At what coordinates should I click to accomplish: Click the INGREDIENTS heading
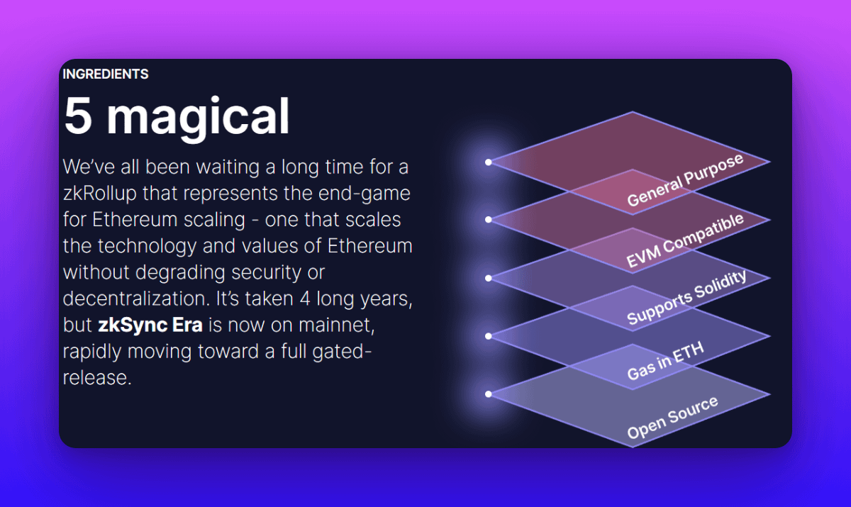tap(106, 74)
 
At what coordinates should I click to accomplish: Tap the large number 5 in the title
tap(78, 116)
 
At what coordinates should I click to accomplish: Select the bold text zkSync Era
tap(150, 325)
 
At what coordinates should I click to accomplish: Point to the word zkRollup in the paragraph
tap(100, 194)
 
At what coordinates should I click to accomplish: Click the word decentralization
tap(136, 299)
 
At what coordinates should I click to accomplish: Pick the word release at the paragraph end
tap(97, 378)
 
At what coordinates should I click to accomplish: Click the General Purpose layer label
tap(685, 180)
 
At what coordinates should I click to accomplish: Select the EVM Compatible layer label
tap(685, 240)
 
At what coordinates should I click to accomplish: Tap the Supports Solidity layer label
tap(686, 298)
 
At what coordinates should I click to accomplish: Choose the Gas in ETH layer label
tap(666, 361)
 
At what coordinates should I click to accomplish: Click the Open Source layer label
tap(672, 418)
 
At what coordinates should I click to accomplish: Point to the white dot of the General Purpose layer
tap(488, 162)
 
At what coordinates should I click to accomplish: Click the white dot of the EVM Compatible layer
tap(488, 220)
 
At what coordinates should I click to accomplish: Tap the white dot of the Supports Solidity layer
tap(488, 278)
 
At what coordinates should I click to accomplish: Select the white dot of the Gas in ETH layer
tap(488, 336)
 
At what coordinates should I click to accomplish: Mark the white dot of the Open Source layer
tap(488, 394)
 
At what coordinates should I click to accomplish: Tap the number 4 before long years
tap(305, 299)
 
